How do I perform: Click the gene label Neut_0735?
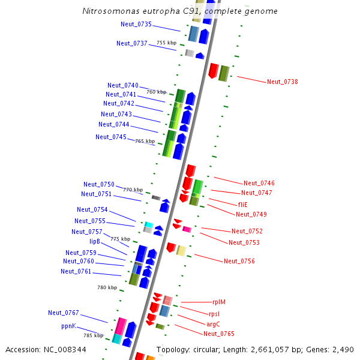click(136, 25)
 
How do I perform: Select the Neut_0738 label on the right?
click(283, 82)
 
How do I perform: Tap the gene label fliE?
click(243, 205)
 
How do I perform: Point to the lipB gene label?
click(95, 241)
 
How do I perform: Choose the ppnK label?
click(68, 326)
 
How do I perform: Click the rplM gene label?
click(219, 302)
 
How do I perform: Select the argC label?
click(213, 324)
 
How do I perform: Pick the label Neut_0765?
click(219, 334)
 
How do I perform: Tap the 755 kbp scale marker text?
click(167, 43)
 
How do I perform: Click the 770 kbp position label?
click(133, 190)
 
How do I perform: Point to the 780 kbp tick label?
click(107, 288)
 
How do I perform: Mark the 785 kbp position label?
click(93, 336)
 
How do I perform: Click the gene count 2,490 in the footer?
click(343, 350)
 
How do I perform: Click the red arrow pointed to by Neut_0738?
click(213, 71)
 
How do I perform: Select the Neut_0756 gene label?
click(239, 261)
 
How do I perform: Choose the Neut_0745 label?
click(111, 137)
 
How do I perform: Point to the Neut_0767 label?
click(64, 313)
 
